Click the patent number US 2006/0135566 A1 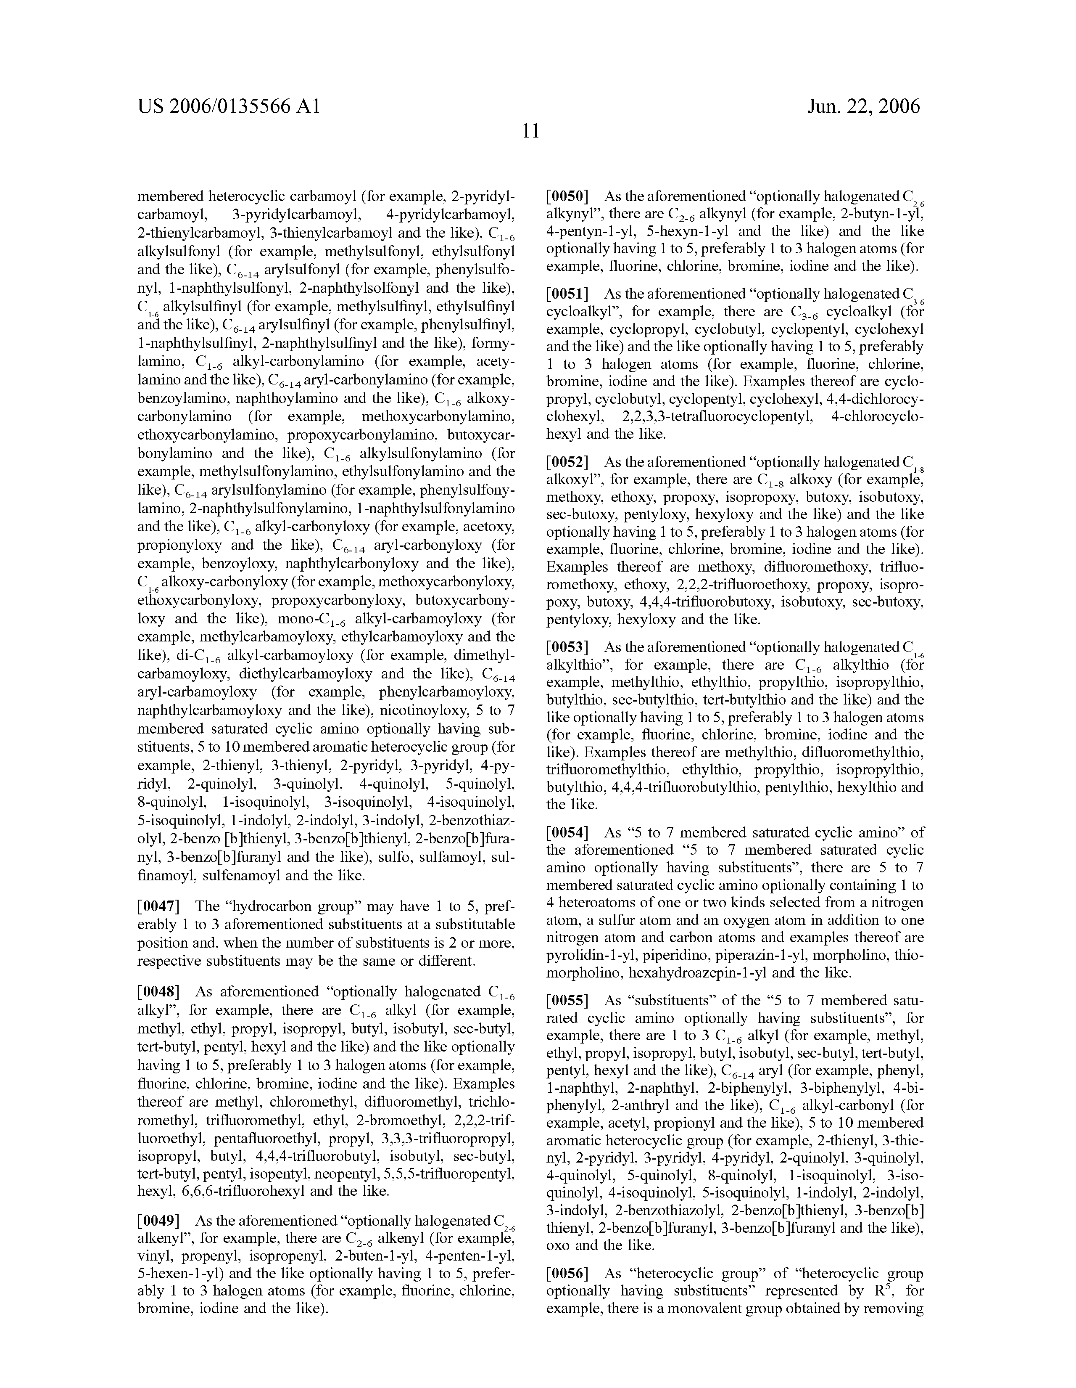(228, 106)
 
